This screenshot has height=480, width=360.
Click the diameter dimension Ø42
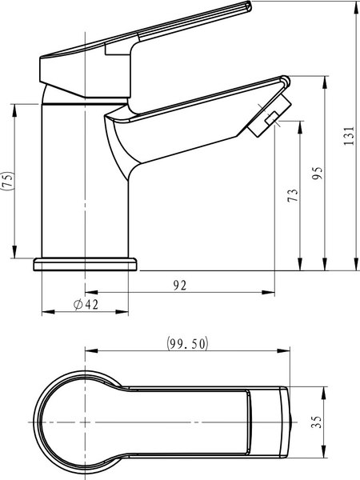[85, 305]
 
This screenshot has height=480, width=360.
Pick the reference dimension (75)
[7, 181]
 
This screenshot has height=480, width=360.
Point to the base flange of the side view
[85, 265]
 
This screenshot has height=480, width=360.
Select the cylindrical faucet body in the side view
[85, 184]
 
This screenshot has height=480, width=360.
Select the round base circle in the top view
[77, 421]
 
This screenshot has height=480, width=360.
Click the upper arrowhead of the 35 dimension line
[326, 391]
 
